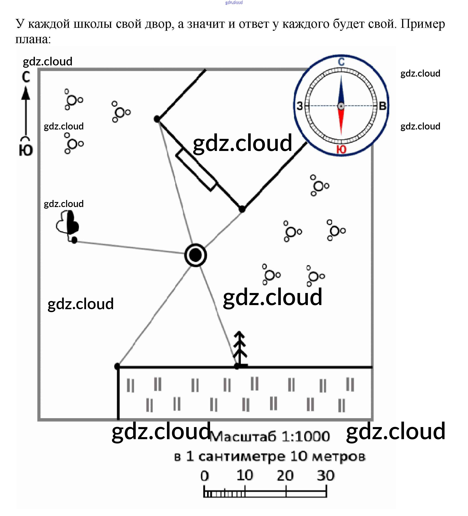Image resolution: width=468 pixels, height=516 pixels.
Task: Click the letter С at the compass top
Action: point(341,62)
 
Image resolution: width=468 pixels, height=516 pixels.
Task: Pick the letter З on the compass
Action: point(300,106)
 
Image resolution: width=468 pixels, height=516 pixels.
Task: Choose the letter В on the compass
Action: point(382,106)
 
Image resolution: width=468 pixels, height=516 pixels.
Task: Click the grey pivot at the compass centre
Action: point(341,106)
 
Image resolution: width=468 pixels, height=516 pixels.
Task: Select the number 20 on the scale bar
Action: point(285,476)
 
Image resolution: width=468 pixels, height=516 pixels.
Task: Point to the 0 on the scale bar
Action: point(205,476)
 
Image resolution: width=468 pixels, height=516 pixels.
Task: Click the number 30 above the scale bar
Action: point(326,476)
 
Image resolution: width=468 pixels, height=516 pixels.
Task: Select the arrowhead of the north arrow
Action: point(26,93)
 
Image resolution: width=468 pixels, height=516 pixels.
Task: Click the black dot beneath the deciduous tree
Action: point(74,240)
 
